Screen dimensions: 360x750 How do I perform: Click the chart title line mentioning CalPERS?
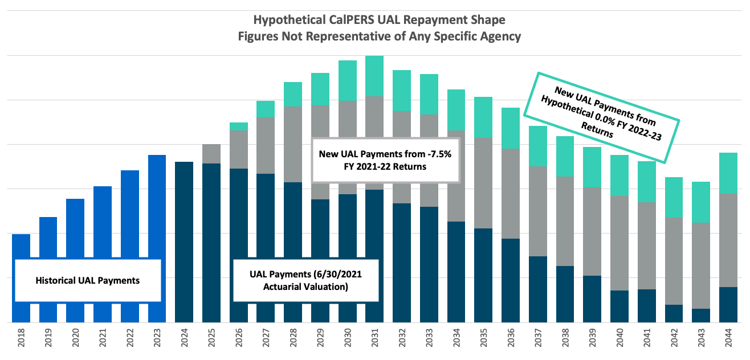click(379, 21)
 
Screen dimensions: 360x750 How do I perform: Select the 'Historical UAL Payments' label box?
click(88, 280)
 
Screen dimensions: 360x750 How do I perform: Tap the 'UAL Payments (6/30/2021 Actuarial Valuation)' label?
click(305, 280)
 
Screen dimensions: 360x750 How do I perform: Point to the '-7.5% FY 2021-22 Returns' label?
click(385, 160)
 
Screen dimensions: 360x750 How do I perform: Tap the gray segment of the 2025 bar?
click(211, 154)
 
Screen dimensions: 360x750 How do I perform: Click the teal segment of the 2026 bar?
click(239, 126)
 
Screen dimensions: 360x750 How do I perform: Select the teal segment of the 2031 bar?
click(374, 76)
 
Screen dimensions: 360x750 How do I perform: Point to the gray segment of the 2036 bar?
click(510, 194)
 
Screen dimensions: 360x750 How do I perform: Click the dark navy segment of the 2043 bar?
click(700, 316)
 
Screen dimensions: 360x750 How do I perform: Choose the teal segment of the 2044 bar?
click(728, 173)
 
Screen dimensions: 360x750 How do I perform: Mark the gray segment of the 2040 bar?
click(619, 243)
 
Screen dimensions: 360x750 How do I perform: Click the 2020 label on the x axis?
click(76, 341)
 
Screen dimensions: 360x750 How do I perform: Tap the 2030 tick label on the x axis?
click(348, 341)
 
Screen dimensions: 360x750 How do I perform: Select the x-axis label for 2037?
click(537, 341)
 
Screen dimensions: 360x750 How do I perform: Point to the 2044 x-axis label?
click(728, 341)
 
